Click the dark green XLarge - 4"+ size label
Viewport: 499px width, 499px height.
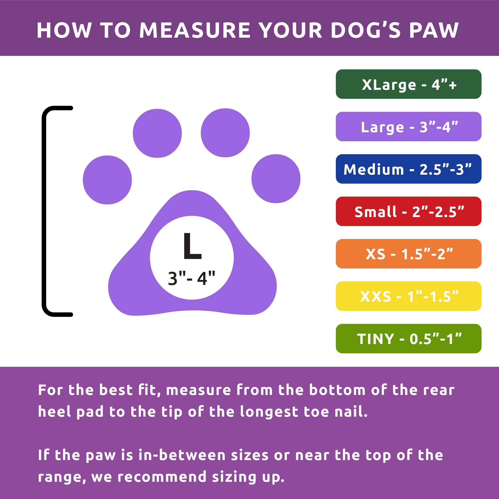tap(408, 84)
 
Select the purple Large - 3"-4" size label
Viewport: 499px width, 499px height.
tap(408, 126)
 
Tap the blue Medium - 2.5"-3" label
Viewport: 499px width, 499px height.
tap(408, 169)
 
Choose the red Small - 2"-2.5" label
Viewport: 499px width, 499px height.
tap(408, 211)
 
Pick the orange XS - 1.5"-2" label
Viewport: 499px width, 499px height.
tap(408, 254)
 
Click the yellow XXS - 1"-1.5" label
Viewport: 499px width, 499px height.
tap(408, 296)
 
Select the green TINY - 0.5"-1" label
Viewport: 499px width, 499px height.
tap(408, 338)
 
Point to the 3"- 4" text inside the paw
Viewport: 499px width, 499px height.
tap(191, 278)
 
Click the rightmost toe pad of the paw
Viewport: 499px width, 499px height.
tap(276, 178)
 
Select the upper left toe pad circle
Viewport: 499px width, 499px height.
tap(157, 133)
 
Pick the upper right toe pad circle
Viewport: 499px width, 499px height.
tap(225, 133)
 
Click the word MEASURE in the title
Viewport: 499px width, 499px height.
tap(195, 30)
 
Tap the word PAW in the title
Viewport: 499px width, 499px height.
tap(434, 30)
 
